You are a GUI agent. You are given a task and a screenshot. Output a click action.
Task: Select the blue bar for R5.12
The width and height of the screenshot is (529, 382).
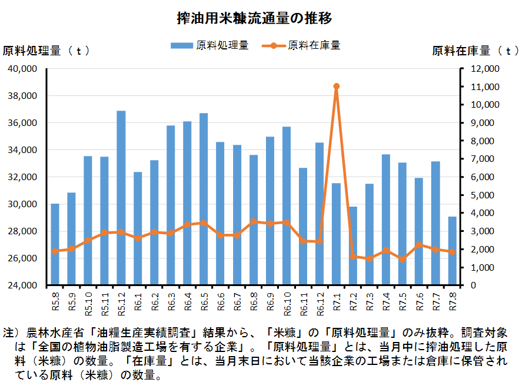click(x=121, y=197)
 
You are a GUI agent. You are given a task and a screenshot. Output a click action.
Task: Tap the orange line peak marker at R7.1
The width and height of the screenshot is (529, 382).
click(x=337, y=87)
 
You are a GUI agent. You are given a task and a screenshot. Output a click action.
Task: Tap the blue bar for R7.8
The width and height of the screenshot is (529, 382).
click(x=452, y=251)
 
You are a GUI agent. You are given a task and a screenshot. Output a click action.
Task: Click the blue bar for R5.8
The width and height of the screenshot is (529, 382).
click(x=55, y=244)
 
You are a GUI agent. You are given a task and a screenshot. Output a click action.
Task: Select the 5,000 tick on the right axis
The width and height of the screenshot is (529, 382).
click(x=483, y=195)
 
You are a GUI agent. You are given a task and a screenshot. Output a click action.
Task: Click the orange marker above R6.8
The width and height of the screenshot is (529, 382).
click(x=254, y=222)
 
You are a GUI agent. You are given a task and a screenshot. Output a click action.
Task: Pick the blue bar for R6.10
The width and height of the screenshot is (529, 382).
click(x=287, y=206)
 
